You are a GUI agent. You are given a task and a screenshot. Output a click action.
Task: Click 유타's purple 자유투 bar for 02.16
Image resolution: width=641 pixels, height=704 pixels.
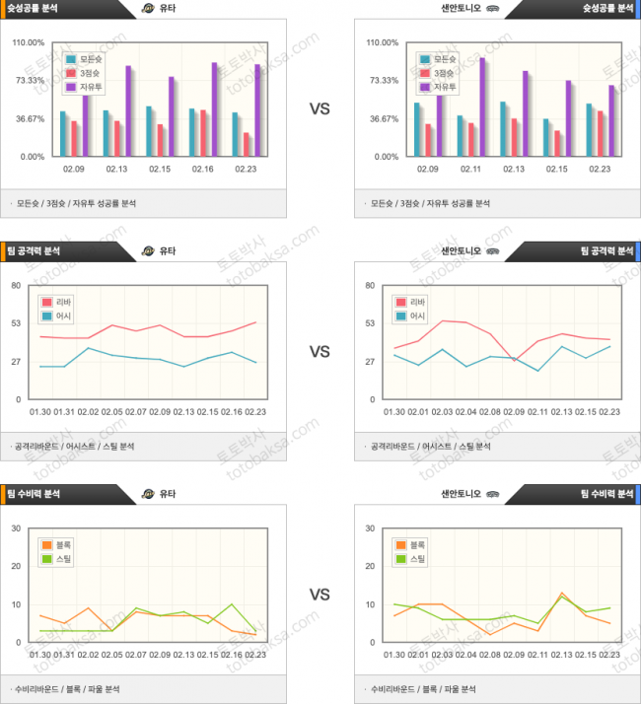(x=214, y=109)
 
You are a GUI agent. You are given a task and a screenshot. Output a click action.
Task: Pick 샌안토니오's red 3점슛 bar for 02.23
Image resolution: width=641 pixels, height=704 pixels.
(x=600, y=133)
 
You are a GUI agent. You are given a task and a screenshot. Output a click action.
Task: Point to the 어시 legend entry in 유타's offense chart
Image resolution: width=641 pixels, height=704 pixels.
(x=59, y=317)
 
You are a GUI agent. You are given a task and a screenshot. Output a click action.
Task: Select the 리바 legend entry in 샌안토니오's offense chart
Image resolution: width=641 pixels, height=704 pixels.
(x=415, y=302)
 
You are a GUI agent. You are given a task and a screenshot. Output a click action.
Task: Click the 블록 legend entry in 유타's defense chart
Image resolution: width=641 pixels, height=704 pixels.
(x=59, y=544)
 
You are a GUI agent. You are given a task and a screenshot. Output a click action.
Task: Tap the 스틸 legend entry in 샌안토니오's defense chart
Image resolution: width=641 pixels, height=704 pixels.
(x=415, y=559)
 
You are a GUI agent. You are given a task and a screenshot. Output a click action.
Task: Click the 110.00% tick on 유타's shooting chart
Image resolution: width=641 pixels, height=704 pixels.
(x=29, y=43)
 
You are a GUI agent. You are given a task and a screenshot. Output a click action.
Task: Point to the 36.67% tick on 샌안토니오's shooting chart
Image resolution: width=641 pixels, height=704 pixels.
(x=383, y=119)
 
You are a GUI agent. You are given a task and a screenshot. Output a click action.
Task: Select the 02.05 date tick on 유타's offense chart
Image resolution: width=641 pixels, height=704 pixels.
(x=111, y=412)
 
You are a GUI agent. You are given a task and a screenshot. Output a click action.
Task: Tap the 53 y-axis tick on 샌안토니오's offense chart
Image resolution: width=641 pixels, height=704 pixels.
(x=369, y=323)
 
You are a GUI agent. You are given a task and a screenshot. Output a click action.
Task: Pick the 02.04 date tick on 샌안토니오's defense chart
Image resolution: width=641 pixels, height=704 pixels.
(x=465, y=655)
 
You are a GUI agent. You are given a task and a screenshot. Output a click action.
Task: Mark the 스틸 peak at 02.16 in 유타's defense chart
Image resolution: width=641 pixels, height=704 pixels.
(x=231, y=604)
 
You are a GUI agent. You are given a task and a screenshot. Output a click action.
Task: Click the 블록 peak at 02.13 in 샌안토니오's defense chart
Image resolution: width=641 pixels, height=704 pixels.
(x=562, y=594)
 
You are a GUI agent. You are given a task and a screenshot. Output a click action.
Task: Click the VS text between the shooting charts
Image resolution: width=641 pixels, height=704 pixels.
(x=320, y=109)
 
